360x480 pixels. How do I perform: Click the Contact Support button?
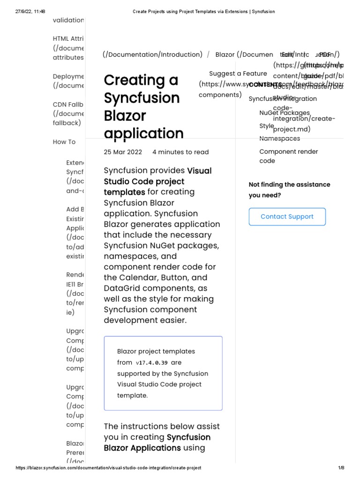coord(287,217)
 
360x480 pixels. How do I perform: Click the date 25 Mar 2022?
coord(122,152)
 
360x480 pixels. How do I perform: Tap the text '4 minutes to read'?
coord(180,152)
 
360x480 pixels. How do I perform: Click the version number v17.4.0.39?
coord(151,363)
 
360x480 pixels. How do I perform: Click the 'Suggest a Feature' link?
coord(238,74)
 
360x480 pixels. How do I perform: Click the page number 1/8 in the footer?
coord(341,468)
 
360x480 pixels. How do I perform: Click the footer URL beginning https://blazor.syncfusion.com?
coord(108,468)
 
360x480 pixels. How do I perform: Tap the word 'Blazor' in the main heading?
coord(125,116)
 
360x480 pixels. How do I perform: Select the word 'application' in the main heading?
coord(143,134)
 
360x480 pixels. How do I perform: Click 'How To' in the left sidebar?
coord(64,142)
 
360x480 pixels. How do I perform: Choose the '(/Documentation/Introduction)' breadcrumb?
coord(152,54)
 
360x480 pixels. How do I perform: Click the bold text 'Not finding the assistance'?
coord(289,184)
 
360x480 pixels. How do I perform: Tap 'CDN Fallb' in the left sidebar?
coord(68,104)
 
